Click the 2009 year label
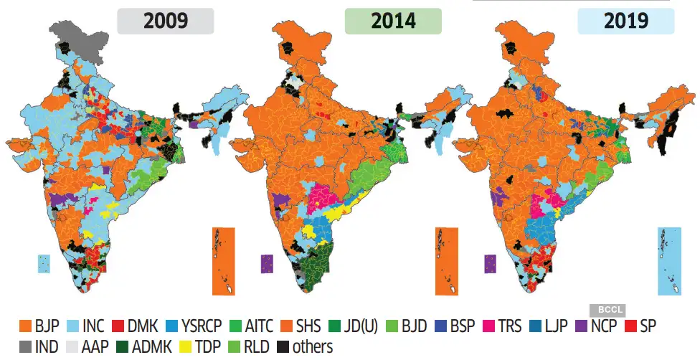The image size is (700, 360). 166,21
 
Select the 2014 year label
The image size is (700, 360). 393,21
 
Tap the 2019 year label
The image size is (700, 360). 625,21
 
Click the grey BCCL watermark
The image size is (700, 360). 607,311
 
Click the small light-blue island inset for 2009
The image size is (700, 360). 44,262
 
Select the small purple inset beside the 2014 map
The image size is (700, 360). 267,263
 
